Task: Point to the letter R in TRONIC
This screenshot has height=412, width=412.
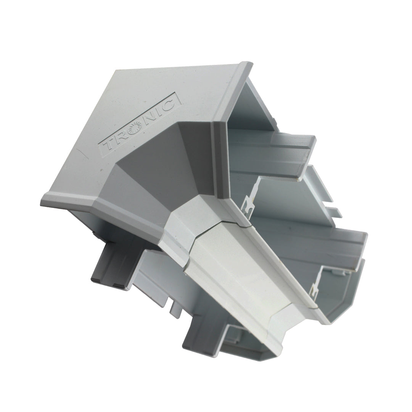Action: point(121,139)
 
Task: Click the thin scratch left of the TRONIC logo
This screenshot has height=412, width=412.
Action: point(78,153)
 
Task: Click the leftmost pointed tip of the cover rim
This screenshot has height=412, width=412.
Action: point(43,200)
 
